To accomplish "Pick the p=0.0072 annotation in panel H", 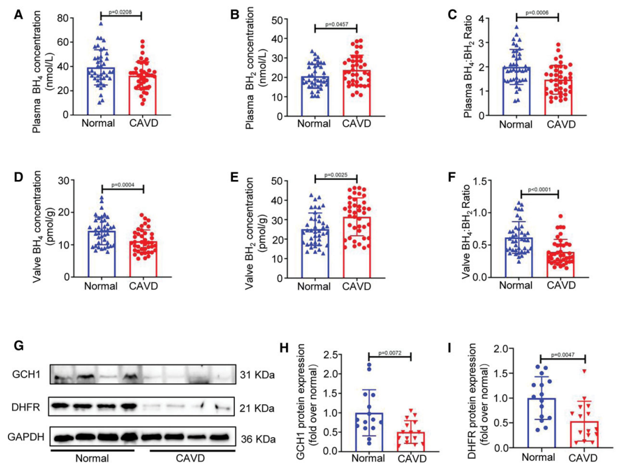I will [x=390, y=353].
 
